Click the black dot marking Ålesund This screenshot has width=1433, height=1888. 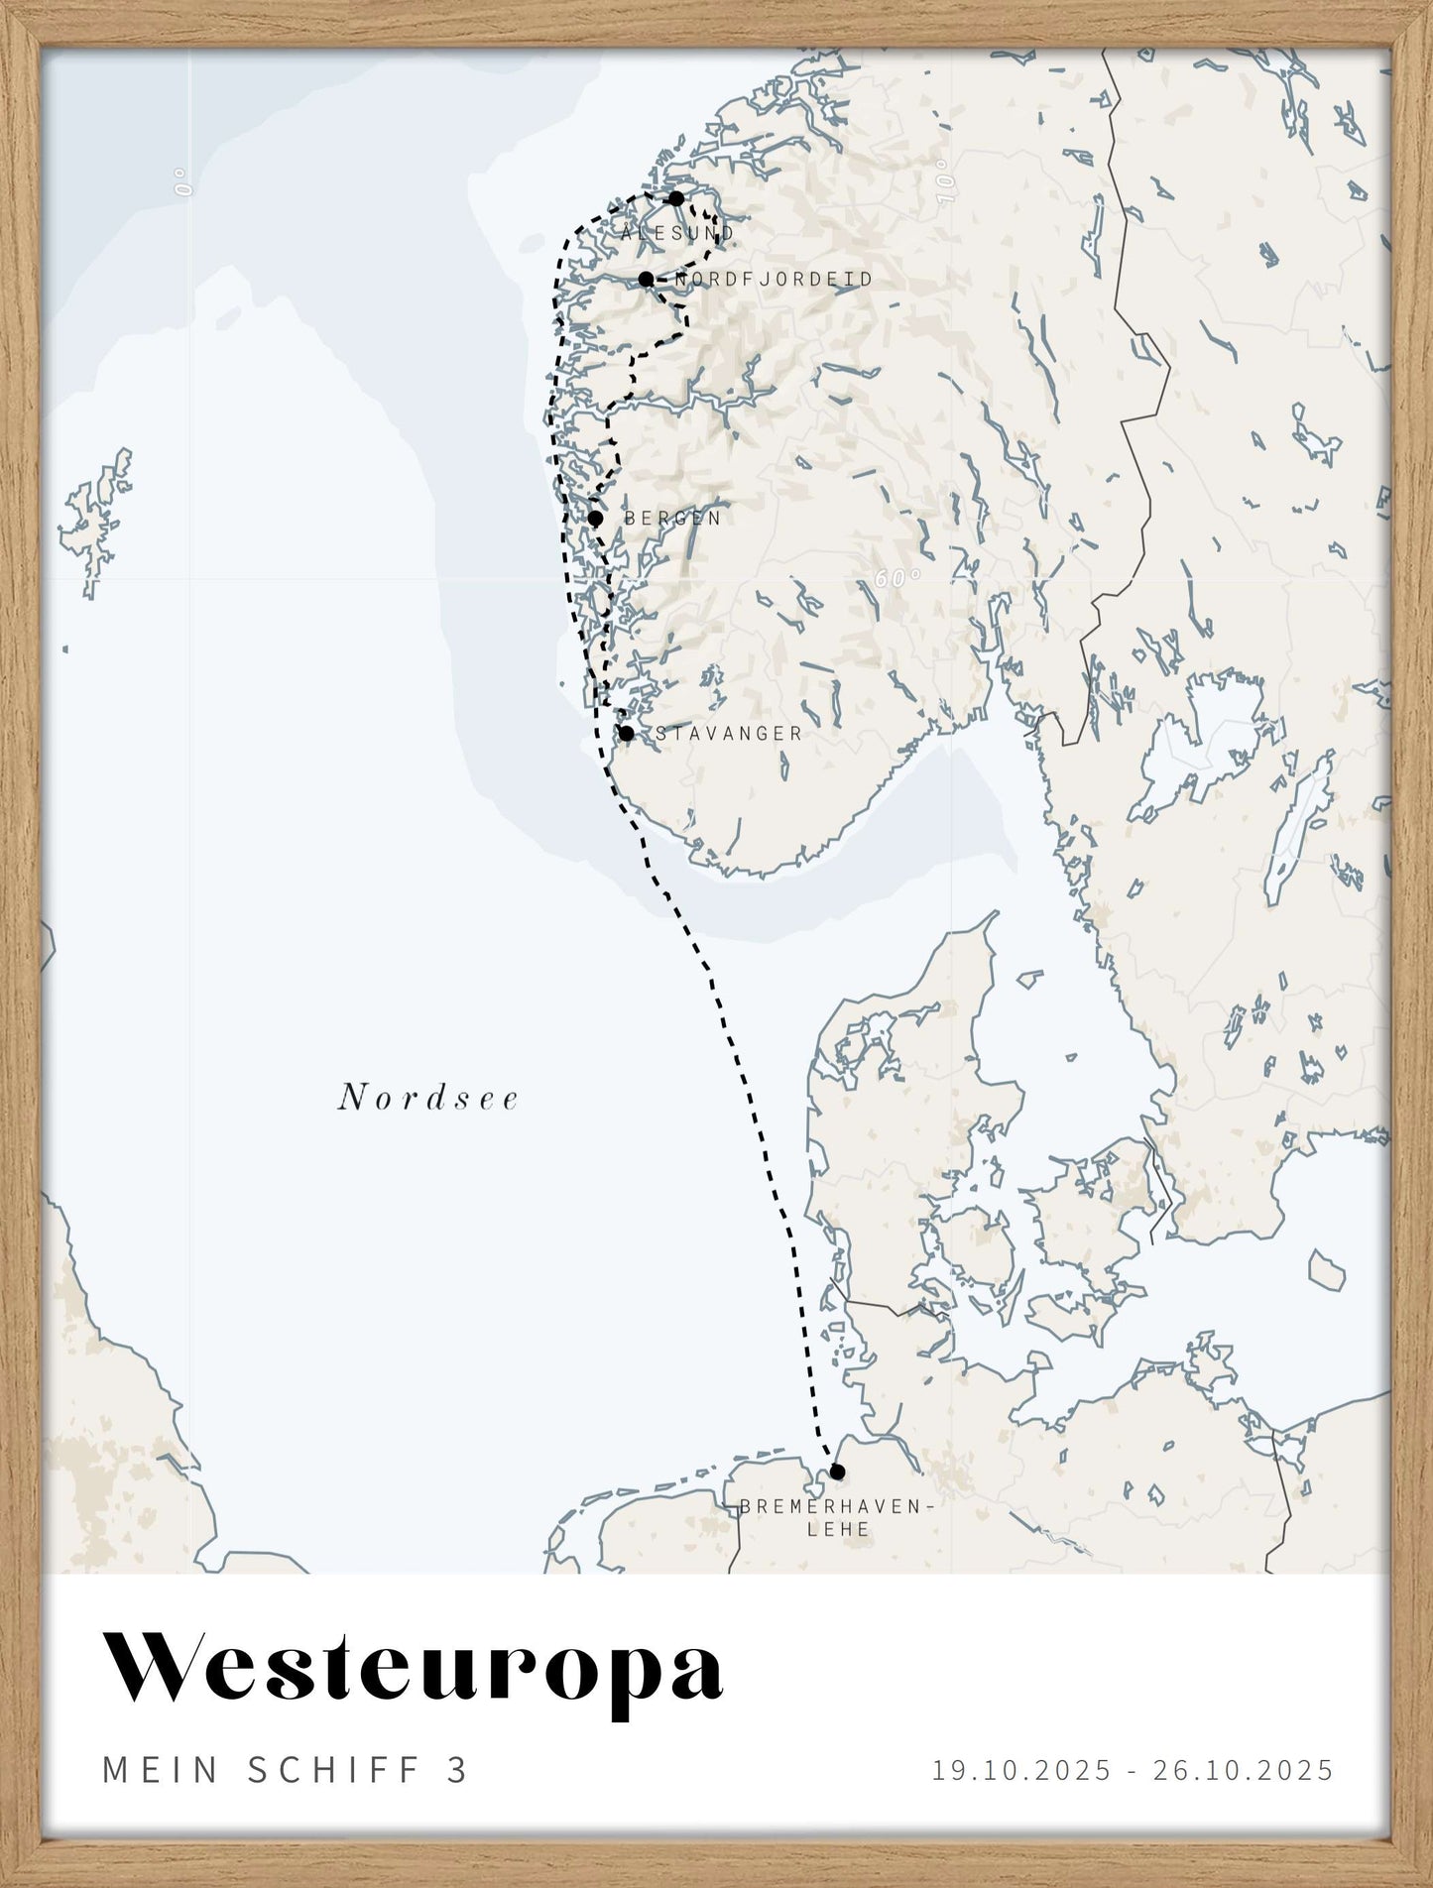coord(676,198)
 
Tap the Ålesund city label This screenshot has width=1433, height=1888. coord(678,234)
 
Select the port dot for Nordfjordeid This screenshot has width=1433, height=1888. coord(646,279)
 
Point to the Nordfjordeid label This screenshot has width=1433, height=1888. coord(774,280)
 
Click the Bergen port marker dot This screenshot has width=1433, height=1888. coord(595,518)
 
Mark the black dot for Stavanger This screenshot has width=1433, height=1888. coord(626,734)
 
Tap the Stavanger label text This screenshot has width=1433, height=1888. coord(729,734)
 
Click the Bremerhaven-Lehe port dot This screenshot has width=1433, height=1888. coord(837,1471)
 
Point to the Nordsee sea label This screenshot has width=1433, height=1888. coord(428,1099)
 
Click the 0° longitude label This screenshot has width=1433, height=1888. coord(182,181)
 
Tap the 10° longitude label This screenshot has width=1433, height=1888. coord(947,186)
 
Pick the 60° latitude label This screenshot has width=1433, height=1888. coord(898,577)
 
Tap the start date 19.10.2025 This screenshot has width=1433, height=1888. coord(1021,1770)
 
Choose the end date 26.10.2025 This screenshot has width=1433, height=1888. coord(1243,1770)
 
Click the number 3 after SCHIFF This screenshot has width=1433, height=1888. coord(457,1770)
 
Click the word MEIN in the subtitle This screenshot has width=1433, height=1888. coord(161,1770)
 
